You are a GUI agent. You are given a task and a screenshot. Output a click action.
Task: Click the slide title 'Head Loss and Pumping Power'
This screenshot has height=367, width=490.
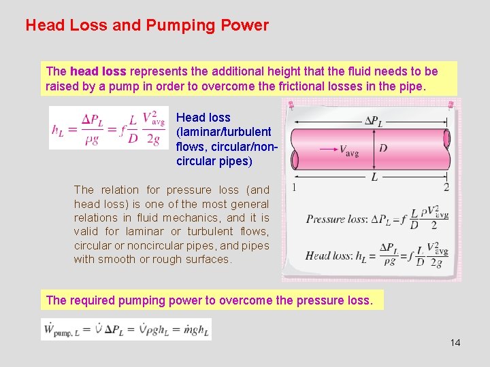point(147,26)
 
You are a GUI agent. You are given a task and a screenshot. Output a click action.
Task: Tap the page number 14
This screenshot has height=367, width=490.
point(455,343)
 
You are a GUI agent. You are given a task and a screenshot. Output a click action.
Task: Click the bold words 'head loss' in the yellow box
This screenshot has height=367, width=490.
point(98,71)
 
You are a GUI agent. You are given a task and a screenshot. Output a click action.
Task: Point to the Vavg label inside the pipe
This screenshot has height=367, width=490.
point(349,150)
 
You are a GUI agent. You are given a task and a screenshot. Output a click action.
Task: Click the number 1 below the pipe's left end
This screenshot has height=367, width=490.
point(293,187)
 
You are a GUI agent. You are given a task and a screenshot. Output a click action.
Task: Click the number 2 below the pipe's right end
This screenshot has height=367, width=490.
point(446,187)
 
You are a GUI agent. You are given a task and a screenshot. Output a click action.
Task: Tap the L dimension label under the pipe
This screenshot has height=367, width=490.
point(374,177)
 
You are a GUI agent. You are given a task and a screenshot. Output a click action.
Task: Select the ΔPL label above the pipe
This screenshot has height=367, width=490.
point(374,122)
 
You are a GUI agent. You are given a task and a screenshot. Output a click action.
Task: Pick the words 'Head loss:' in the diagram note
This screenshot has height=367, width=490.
point(329,256)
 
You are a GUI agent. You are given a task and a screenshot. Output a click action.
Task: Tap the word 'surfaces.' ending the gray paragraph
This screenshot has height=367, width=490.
point(210,259)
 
